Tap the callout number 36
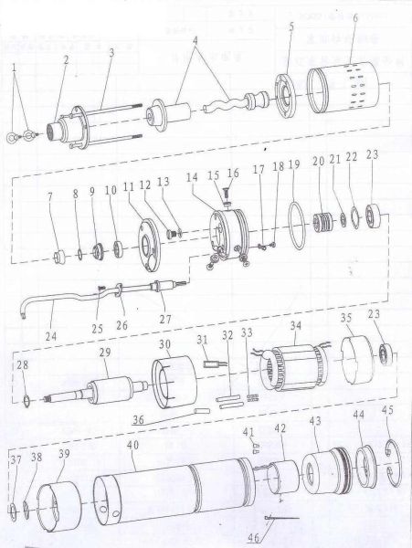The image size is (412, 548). [x=138, y=420]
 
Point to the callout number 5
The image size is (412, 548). [x=291, y=27]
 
